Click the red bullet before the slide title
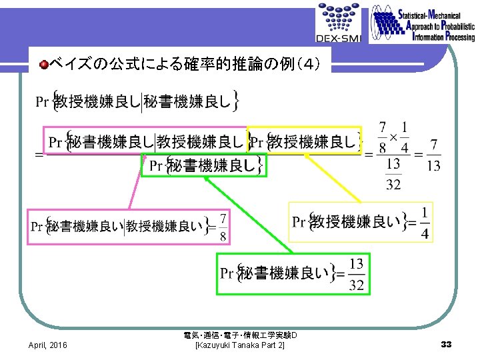pyautogui.click(x=43, y=64)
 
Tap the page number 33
pyautogui.click(x=446, y=344)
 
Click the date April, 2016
pyautogui.click(x=47, y=345)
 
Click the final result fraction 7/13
pyautogui.click(x=433, y=155)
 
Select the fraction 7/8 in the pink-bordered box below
pyautogui.click(x=222, y=227)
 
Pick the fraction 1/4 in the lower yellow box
pyautogui.click(x=425, y=223)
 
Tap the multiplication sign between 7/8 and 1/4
pyautogui.click(x=393, y=136)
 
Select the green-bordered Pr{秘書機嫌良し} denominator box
pyautogui.click(x=204, y=165)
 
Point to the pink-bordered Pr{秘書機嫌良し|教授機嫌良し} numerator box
pyautogui.click(x=145, y=141)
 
